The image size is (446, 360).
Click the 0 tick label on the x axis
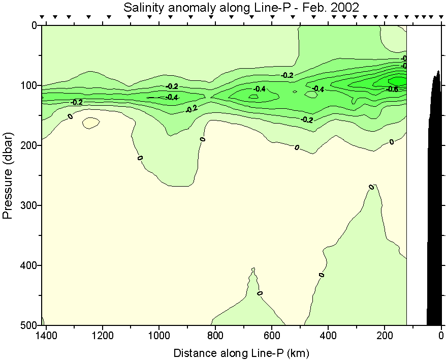[x=441, y=336]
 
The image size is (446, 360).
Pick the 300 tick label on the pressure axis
[x=30, y=205]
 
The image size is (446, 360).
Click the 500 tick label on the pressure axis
[x=30, y=325]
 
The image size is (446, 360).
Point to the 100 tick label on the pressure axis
[x=30, y=85]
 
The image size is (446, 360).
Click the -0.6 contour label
[x=392, y=89]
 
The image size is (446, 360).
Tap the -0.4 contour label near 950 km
[x=171, y=97]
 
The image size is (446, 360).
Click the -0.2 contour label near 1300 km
[x=77, y=102]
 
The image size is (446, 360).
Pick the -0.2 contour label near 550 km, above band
[x=288, y=75]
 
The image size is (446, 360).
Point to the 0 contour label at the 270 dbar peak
[x=371, y=187]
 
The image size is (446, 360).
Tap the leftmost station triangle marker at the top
[x=43, y=17]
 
